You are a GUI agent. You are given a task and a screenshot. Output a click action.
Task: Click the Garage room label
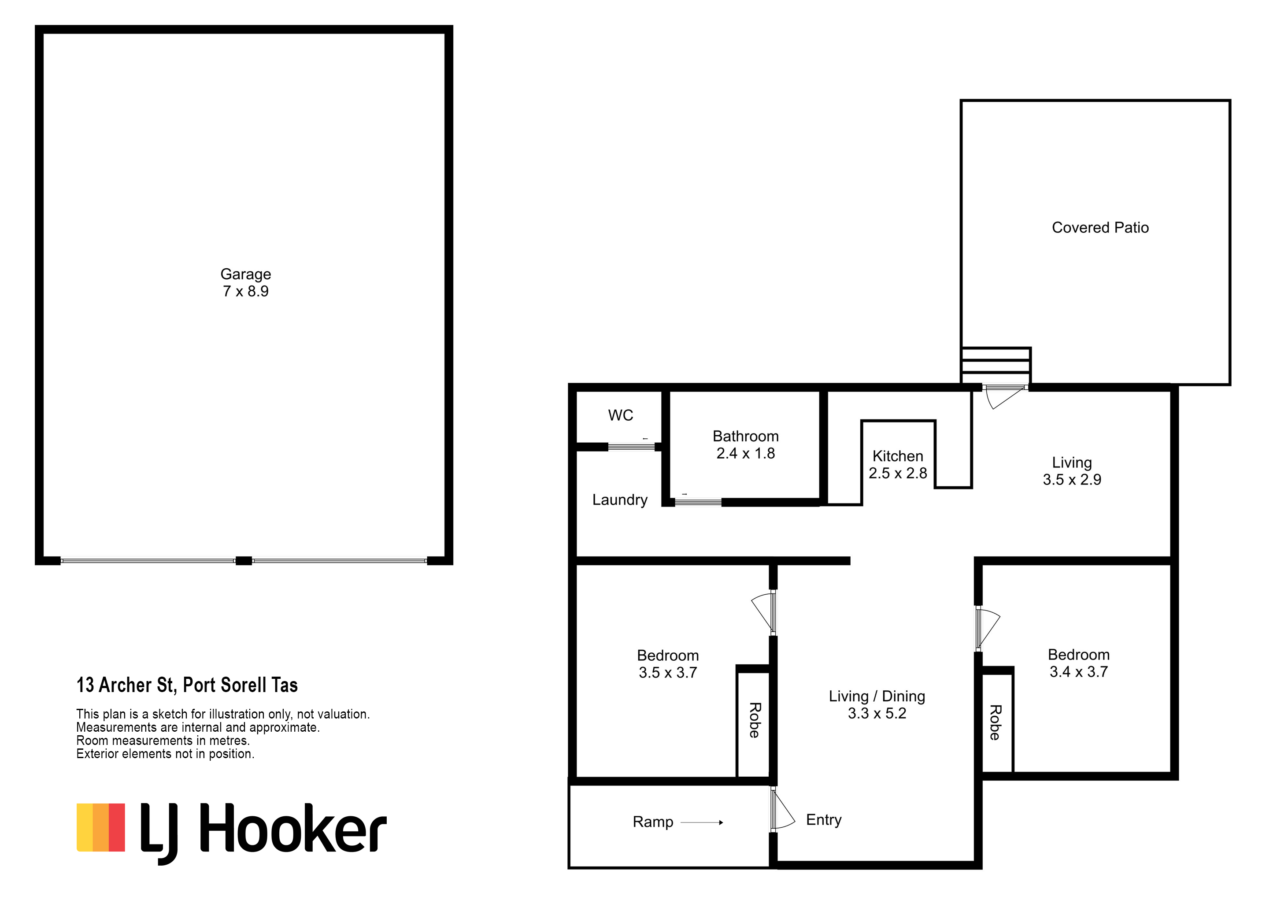coord(246,274)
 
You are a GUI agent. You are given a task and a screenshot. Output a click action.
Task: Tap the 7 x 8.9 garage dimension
coord(246,292)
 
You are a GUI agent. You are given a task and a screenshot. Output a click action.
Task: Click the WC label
coord(621,416)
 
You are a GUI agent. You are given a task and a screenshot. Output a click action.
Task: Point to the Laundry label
coord(620,500)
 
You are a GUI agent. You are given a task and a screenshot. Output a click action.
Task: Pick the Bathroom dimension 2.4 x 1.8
coord(746,453)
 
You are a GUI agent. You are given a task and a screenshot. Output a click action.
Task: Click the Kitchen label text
coord(898,456)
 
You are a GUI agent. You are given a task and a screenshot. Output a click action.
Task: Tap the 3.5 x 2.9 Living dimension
coord(1072,480)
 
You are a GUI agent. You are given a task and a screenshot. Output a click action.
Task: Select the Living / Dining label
coord(877,696)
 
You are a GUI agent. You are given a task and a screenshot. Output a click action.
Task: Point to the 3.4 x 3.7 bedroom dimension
coord(1079,671)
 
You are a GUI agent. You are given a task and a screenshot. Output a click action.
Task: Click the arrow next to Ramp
coord(702,822)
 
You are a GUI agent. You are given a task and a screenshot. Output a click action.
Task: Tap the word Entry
coord(824,820)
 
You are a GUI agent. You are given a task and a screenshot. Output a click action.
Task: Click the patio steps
coord(996,365)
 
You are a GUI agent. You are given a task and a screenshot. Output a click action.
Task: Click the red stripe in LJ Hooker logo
coord(117,827)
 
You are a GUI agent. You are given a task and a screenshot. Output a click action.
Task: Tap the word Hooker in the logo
coord(293,827)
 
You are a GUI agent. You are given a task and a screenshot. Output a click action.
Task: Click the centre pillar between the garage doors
coord(244,560)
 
